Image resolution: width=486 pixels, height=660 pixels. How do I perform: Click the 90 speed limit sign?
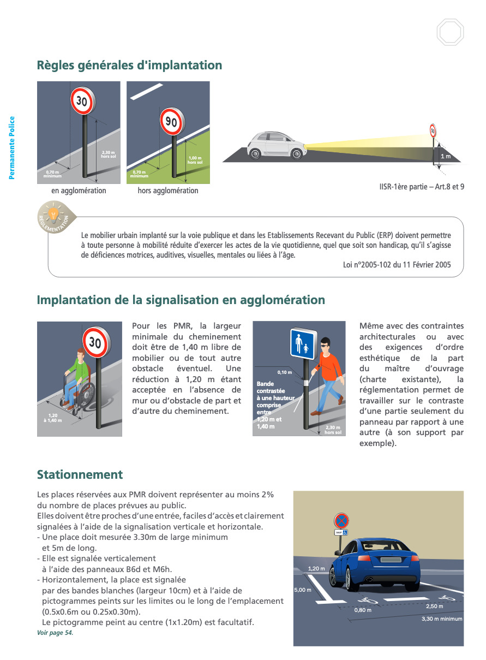coord(171,121)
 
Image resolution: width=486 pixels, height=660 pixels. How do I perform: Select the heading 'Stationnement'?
coord(80,474)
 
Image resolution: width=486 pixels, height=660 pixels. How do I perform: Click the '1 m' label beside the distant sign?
coord(446,157)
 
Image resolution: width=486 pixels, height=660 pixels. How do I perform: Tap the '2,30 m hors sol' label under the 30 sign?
coord(109,154)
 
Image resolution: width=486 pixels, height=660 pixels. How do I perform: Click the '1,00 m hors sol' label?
coord(195,160)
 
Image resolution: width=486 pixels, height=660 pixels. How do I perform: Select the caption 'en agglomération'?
coord(79,191)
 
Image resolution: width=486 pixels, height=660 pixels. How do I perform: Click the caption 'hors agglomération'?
coord(168,191)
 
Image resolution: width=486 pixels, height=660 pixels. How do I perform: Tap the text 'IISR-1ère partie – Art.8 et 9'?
coord(422,187)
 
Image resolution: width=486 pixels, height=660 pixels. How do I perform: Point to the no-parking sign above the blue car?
coord(341,520)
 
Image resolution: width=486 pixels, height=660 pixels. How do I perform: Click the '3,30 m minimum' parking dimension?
coord(441,619)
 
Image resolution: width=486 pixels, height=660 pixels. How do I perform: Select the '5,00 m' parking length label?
coord(303,590)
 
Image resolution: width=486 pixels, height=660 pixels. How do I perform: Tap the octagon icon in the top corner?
coord(450,32)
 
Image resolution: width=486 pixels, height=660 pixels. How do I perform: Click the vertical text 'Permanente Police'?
coord(12,148)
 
